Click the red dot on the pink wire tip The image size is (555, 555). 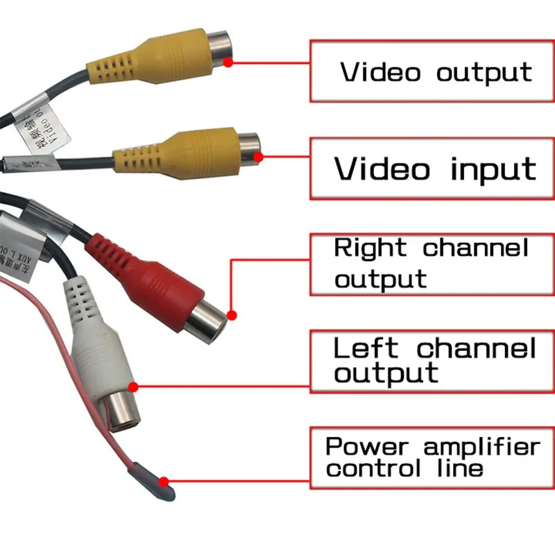[x=164, y=479]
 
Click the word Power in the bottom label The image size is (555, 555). [x=366, y=446]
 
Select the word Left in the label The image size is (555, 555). [x=366, y=347]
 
